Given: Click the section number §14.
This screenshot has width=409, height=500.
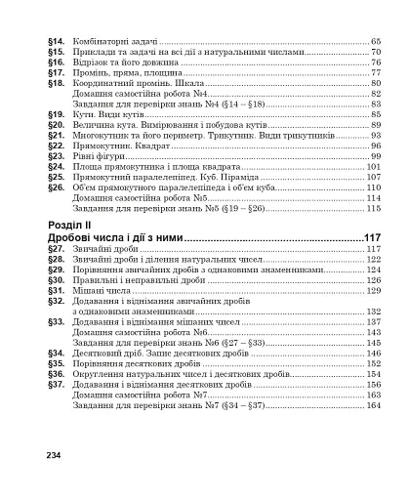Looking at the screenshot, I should [x=55, y=42].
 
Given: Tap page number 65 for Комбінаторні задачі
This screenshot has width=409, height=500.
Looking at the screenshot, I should [x=375, y=42].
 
